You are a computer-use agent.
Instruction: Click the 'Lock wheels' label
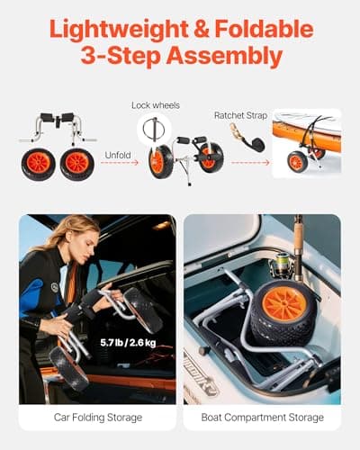pyautogui.click(x=156, y=105)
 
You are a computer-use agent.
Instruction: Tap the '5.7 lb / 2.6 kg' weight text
pyautogui.click(x=127, y=342)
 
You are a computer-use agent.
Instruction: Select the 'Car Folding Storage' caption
pyautogui.click(x=96, y=418)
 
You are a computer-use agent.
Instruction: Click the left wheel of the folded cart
pyautogui.click(x=39, y=164)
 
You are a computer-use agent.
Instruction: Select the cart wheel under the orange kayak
pyautogui.click(x=297, y=162)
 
